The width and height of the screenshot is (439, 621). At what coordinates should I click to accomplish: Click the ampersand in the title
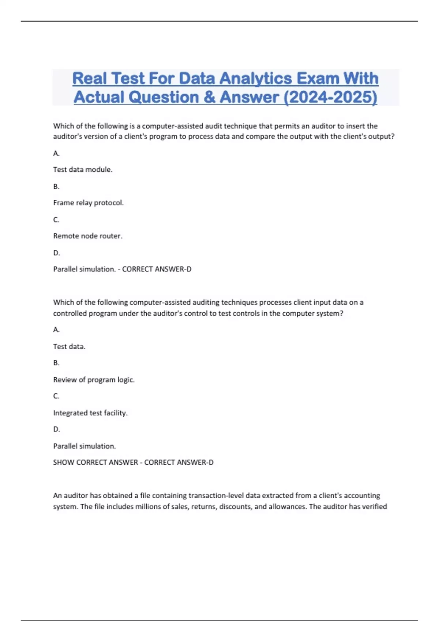pyautogui.click(x=209, y=97)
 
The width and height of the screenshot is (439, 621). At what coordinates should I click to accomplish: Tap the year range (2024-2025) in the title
pyautogui.click(x=330, y=97)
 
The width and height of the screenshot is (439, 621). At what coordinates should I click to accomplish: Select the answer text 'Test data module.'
pyautogui.click(x=83, y=169)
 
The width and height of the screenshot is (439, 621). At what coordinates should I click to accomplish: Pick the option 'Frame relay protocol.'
pyautogui.click(x=89, y=203)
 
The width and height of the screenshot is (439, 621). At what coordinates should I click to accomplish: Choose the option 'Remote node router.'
pyautogui.click(x=88, y=236)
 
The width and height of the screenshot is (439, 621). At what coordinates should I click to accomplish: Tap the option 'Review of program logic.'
pyautogui.click(x=94, y=380)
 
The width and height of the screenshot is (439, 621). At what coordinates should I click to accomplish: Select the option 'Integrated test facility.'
pyautogui.click(x=90, y=413)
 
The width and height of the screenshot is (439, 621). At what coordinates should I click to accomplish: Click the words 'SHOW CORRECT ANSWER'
pyautogui.click(x=95, y=462)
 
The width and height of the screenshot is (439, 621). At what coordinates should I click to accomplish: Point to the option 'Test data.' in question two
pyautogui.click(x=69, y=347)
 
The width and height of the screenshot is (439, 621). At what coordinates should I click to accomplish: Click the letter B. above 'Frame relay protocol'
pyautogui.click(x=56, y=187)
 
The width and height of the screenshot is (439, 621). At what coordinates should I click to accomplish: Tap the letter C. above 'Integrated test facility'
pyautogui.click(x=56, y=396)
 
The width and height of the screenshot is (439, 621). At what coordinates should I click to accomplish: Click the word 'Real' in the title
pyautogui.click(x=90, y=79)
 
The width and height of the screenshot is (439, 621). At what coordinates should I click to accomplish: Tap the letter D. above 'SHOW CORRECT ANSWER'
pyautogui.click(x=57, y=429)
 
